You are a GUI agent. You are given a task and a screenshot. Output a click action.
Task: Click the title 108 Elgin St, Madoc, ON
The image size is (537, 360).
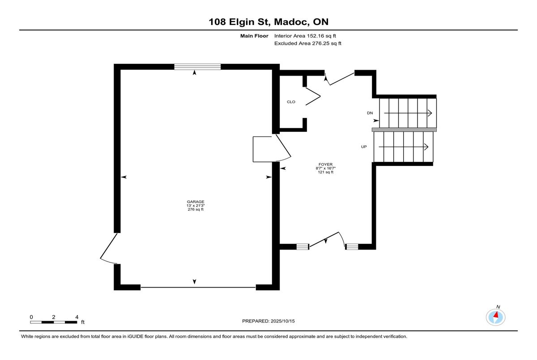click(268, 22)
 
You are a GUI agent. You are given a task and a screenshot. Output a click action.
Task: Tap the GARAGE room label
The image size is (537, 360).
click(196, 202)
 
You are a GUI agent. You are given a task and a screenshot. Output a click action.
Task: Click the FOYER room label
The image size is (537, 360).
click(325, 164)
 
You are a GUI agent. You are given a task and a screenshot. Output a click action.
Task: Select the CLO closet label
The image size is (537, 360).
click(291, 102)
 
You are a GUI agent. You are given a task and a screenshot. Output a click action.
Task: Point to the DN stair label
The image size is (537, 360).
click(370, 113)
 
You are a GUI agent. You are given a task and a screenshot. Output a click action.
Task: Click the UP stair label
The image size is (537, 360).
click(364, 147)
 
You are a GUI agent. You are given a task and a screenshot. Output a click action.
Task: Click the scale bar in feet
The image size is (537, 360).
click(53, 322)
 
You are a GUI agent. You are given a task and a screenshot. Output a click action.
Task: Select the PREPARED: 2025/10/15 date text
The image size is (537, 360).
click(268, 321)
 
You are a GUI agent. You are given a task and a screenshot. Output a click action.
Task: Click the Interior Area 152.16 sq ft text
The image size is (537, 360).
click(305, 36)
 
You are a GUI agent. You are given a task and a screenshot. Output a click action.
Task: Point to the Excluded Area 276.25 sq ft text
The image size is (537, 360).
click(307, 43)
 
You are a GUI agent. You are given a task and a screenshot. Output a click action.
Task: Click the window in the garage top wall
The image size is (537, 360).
click(197, 67)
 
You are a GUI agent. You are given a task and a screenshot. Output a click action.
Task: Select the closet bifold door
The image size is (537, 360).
click(313, 96)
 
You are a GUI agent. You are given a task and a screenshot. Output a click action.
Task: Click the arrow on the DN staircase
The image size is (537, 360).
click(408, 113)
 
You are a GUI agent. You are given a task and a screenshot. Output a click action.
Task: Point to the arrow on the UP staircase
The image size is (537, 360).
click(404, 147)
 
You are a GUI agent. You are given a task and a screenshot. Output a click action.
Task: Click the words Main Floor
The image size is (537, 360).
click(254, 36)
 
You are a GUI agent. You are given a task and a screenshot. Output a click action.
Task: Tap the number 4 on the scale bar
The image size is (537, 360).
click(77, 317)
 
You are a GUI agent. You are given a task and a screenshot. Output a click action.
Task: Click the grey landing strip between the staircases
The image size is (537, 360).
click(404, 130)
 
